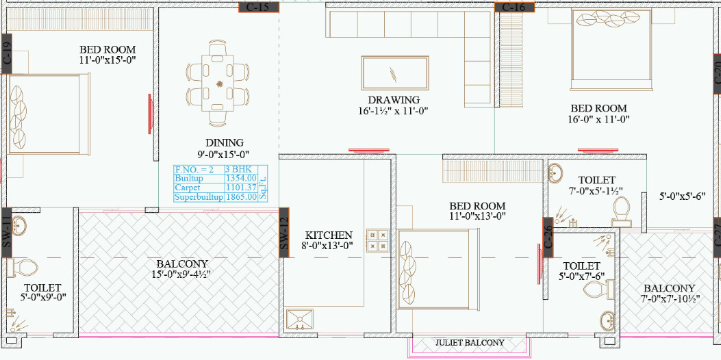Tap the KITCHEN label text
(x=329, y=235)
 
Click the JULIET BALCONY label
(x=470, y=343)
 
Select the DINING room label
(x=219, y=143)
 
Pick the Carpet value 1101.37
(x=240, y=188)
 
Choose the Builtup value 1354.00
(x=241, y=178)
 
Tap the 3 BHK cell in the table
(x=240, y=169)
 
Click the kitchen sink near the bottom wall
(x=299, y=319)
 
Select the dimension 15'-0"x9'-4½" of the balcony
(x=181, y=274)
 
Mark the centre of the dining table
(x=220, y=84)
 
